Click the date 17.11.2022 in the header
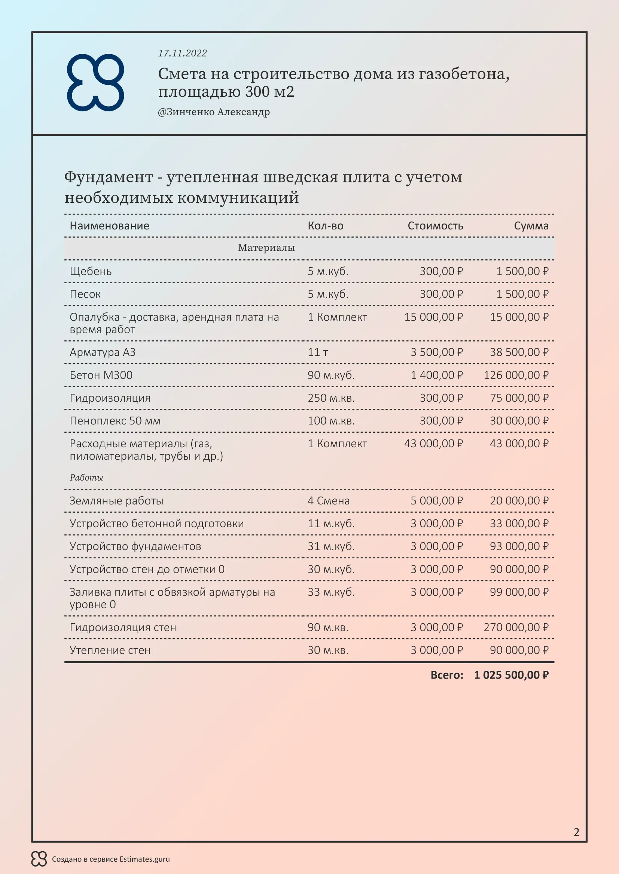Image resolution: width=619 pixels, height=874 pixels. tap(182, 53)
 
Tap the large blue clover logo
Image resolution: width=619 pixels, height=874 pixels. tap(95, 83)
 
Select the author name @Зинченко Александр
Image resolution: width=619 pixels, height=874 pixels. tap(213, 112)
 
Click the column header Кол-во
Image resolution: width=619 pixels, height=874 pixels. tap(325, 226)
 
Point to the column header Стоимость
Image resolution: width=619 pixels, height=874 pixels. tap(435, 226)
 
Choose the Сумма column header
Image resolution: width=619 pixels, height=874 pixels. tap(531, 226)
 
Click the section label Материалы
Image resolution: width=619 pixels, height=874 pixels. tap(266, 248)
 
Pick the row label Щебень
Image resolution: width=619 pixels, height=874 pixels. tap(90, 271)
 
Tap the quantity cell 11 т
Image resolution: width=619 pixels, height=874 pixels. tap(317, 352)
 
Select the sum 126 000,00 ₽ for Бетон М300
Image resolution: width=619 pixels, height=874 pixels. tap(516, 375)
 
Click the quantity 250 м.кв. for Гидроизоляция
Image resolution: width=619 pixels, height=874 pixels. tap(331, 398)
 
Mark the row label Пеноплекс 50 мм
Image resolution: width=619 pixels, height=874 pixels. tap(115, 421)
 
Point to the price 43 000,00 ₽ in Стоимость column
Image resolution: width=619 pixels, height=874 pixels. tap(433, 444)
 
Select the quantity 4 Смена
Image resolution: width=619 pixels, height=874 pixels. tap(328, 501)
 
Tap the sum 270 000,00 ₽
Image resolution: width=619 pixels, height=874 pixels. tap(516, 627)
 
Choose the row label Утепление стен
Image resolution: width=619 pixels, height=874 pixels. tap(110, 650)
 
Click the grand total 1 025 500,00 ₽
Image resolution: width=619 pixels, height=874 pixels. tap(511, 675)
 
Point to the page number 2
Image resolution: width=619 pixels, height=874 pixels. tap(576, 832)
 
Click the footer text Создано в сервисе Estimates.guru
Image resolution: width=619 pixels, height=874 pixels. tap(110, 859)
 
